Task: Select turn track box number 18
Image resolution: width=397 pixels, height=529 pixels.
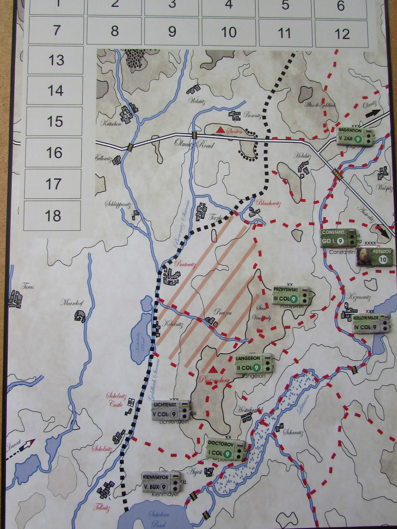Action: tap(53, 215)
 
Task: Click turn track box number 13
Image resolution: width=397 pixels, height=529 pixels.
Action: tap(56, 60)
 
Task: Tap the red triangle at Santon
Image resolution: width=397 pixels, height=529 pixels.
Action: tap(219, 130)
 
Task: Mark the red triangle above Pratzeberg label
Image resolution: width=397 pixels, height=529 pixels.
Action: tap(213, 369)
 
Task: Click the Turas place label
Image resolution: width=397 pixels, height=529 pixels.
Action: tap(27, 287)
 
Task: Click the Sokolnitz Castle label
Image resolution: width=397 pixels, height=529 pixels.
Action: tap(114, 400)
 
